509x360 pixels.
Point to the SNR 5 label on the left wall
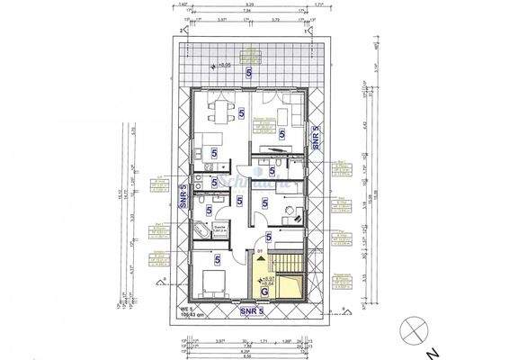(183, 196)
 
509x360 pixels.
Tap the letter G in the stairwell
(264, 291)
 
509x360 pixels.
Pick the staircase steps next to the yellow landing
(287, 266)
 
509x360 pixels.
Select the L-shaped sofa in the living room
(290, 115)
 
